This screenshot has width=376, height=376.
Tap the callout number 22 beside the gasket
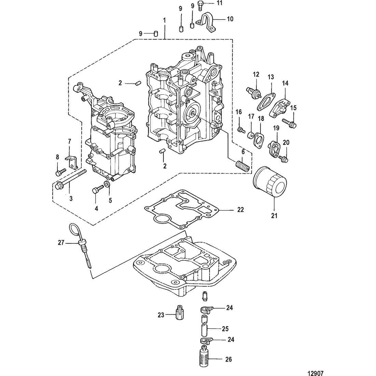click(x=240, y=210)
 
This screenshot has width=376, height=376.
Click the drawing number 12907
click(x=315, y=373)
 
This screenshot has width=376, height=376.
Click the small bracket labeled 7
click(x=72, y=162)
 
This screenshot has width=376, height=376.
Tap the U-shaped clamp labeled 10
click(x=206, y=23)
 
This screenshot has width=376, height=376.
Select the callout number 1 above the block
click(x=164, y=21)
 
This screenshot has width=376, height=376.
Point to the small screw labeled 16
click(x=241, y=130)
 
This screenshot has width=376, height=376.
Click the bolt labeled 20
click(x=283, y=159)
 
